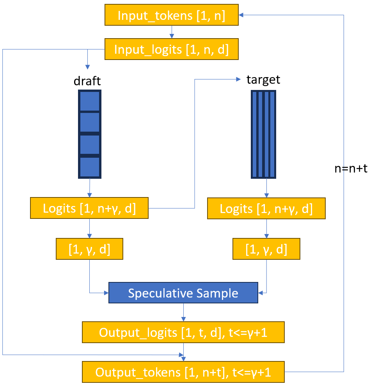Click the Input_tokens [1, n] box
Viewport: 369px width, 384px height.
pos(172,15)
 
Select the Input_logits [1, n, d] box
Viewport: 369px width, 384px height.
pos(172,49)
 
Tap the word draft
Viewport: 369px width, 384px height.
pos(87,81)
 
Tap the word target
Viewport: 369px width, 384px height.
pos(263,79)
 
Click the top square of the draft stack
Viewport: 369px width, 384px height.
pos(90,101)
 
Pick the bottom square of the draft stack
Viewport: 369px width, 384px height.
pos(90,167)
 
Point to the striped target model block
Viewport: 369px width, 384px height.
pos(263,134)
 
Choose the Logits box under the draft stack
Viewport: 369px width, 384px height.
pos(89,208)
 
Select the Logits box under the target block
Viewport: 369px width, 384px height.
pos(266,208)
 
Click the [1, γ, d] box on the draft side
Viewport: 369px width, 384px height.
pos(89,249)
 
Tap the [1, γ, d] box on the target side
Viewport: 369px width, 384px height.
pos(266,249)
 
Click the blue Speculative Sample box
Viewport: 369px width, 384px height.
pos(183,292)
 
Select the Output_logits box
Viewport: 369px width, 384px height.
pos(183,332)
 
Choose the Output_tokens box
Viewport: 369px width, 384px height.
pos(183,372)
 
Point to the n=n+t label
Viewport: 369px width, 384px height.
pos(351,169)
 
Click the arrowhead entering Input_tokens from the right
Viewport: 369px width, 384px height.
pos(241,15)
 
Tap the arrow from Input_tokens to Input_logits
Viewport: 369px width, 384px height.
pos(172,32)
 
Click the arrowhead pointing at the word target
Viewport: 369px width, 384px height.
pos(238,79)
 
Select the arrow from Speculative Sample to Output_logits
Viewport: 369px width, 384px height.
pos(183,312)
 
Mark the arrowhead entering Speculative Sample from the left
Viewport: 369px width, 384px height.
pos(106,292)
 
